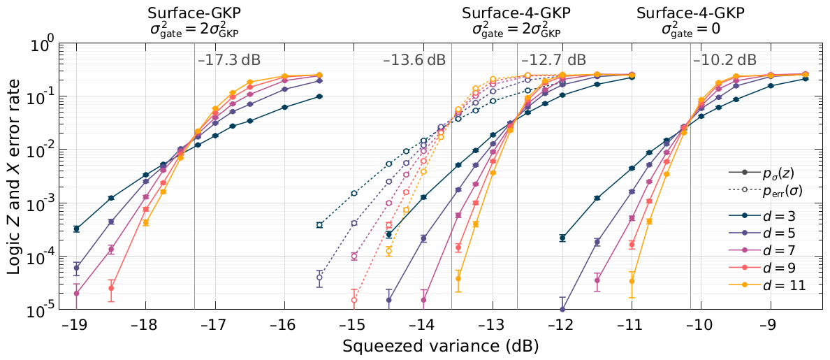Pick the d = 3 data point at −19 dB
coord(76,229)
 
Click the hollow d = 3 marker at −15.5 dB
coord(319,225)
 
